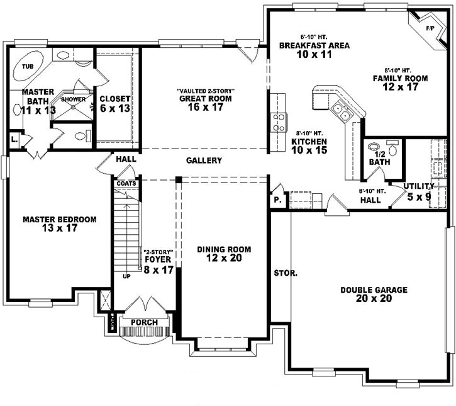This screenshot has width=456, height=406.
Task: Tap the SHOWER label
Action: point(73,99)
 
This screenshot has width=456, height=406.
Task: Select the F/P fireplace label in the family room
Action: point(430,29)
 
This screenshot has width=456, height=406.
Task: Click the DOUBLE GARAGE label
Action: point(374,290)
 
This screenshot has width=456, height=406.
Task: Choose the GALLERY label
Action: point(204,161)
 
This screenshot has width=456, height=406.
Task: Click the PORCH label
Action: point(144,322)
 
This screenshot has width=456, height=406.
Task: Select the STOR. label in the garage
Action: point(285,274)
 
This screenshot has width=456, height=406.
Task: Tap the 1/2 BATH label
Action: point(380,157)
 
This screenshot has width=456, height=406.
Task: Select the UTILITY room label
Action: point(419,186)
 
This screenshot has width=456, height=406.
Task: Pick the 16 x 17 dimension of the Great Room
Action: point(205,108)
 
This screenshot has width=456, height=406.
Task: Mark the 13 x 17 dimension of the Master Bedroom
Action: point(59,229)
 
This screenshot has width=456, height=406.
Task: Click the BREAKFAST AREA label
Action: point(314,46)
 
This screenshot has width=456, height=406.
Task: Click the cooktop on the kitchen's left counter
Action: point(277,121)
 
